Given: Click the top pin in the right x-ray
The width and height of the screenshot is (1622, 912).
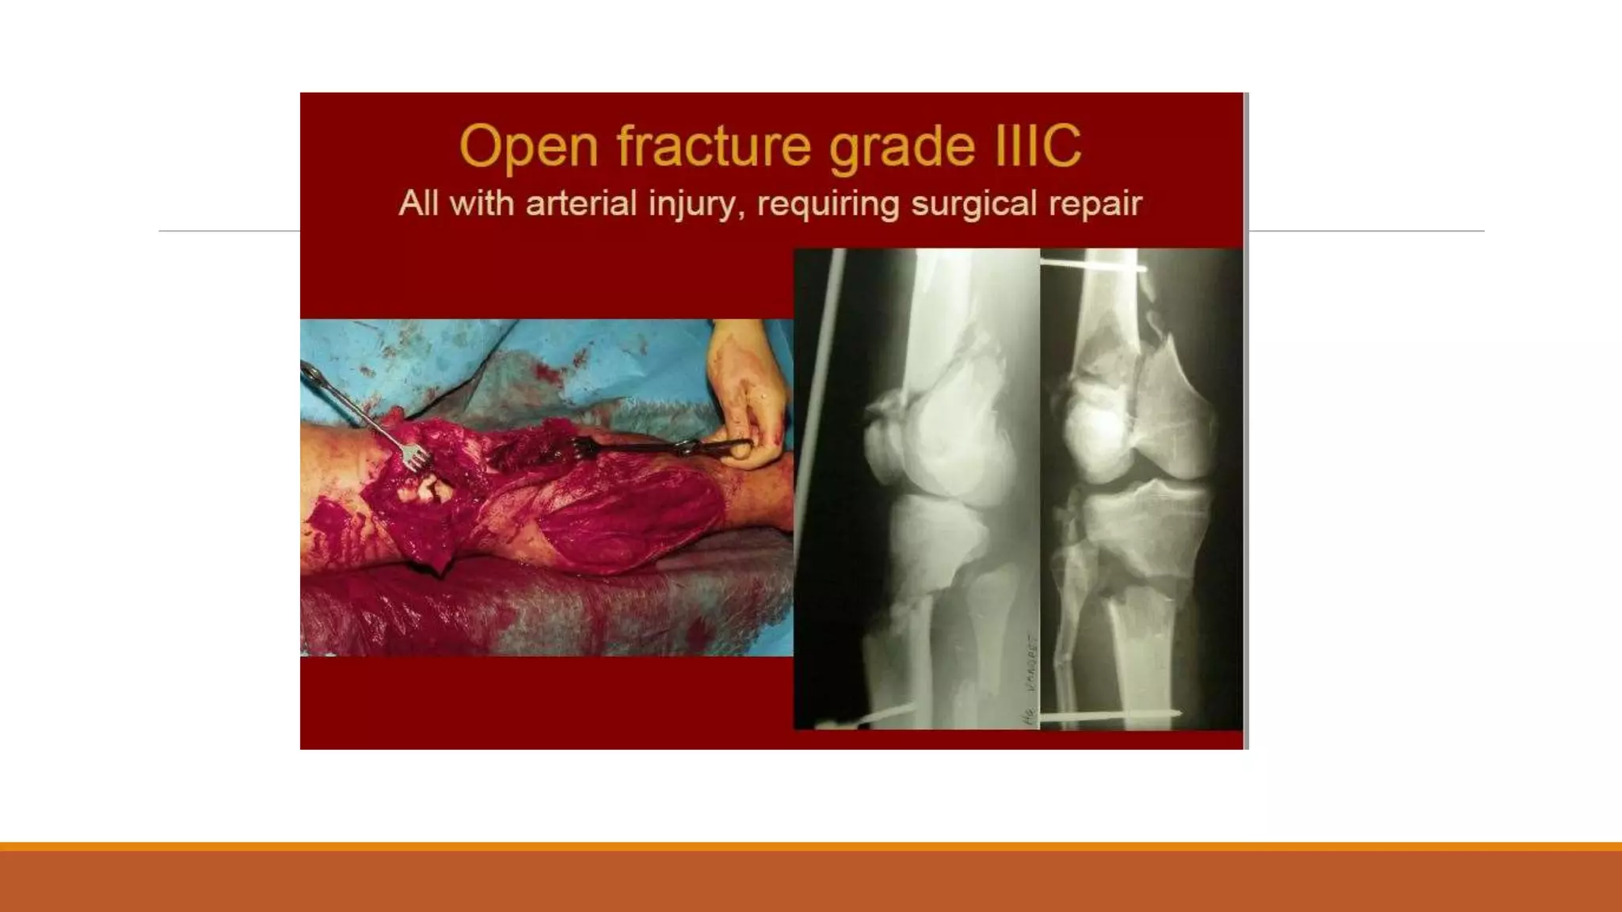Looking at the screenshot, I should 1093,265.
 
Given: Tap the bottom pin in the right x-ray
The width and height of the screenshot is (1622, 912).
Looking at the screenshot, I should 1109,716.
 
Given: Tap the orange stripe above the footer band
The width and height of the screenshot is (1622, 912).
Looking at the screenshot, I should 811,846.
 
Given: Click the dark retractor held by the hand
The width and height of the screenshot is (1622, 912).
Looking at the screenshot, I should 634,449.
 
